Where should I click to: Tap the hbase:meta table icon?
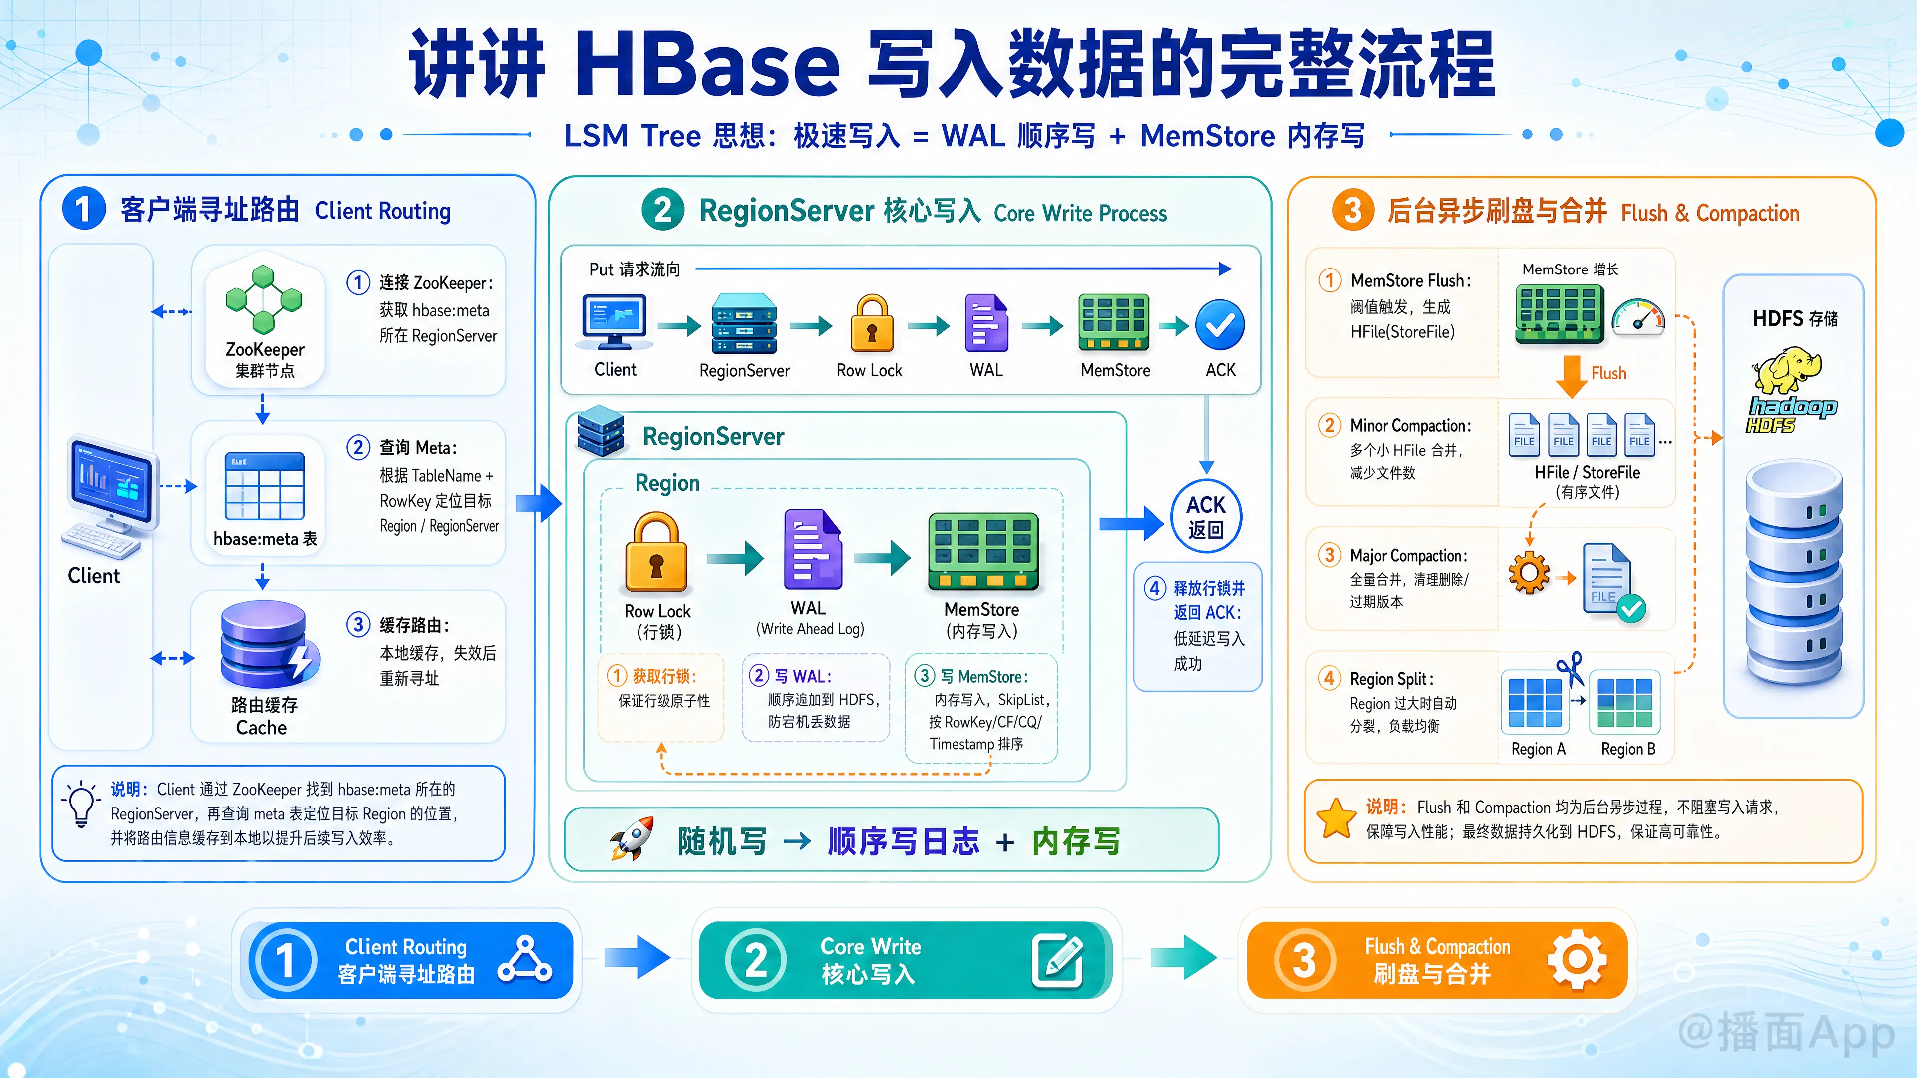264,485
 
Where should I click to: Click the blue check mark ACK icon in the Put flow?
1220,325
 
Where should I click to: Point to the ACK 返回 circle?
1206,517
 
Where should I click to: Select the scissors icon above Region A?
1570,669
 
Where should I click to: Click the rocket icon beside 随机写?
632,838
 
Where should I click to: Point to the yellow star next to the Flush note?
1336,818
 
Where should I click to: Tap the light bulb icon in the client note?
81,804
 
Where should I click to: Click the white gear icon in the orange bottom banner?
1577,960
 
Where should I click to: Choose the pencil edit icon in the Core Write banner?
1057,960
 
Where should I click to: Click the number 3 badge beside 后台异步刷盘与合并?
1353,211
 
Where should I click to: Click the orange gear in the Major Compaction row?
1529,573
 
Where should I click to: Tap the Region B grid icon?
1625,702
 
